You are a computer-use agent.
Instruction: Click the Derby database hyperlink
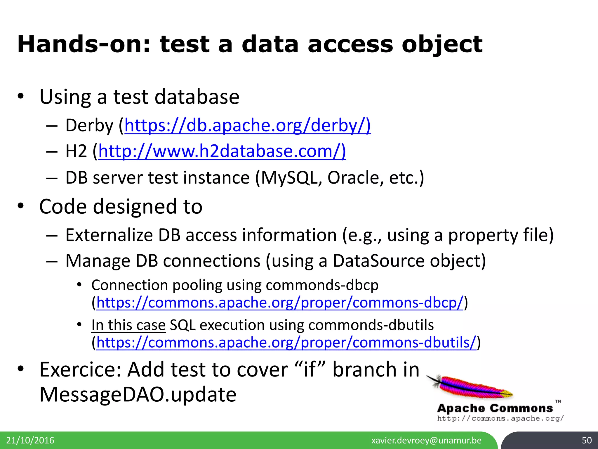[x=247, y=125]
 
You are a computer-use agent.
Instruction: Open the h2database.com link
[x=222, y=151]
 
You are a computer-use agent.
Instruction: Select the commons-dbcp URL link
[x=280, y=303]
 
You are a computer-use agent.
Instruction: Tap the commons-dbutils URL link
[x=286, y=342]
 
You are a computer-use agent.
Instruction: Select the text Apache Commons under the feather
[x=495, y=408]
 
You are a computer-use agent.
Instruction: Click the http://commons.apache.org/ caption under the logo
[x=500, y=418]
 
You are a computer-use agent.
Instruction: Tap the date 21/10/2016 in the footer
[x=30, y=440]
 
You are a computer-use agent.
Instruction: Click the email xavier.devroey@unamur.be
[x=426, y=440]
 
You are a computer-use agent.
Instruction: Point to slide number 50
[x=587, y=440]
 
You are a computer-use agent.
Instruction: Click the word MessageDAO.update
[x=138, y=394]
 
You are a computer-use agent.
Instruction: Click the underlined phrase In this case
[x=128, y=325]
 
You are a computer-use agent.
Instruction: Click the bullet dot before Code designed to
[x=20, y=206]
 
